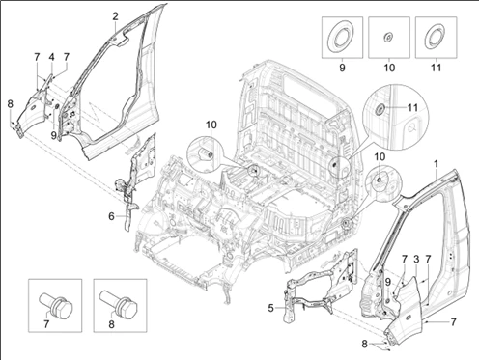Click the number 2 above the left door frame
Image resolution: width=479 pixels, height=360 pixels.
(115, 16)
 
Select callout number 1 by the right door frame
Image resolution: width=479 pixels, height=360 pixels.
(436, 164)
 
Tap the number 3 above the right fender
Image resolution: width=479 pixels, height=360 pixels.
(416, 260)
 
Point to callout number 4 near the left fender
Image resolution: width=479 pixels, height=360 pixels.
(51, 57)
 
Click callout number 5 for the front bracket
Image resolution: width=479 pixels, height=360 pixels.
(270, 308)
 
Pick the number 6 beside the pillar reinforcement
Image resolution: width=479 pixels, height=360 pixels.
(111, 216)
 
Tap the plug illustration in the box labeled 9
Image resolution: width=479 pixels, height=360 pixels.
(341, 37)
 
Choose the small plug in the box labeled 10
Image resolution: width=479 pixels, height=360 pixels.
(389, 37)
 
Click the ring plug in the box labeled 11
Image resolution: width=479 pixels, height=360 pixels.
(436, 37)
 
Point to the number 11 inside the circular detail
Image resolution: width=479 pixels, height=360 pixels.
(412, 107)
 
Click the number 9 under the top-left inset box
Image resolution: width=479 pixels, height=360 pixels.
(342, 68)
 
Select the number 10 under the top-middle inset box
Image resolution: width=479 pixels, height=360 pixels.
(389, 68)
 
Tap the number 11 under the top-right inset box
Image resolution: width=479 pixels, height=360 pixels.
(436, 68)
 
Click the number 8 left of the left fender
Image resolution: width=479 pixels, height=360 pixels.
(11, 104)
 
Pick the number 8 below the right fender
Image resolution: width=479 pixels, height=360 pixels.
(364, 344)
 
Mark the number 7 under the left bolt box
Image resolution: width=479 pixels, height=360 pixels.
(46, 324)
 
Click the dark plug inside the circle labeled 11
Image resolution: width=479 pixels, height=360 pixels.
(380, 109)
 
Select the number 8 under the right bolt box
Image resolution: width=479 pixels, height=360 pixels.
(111, 324)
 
